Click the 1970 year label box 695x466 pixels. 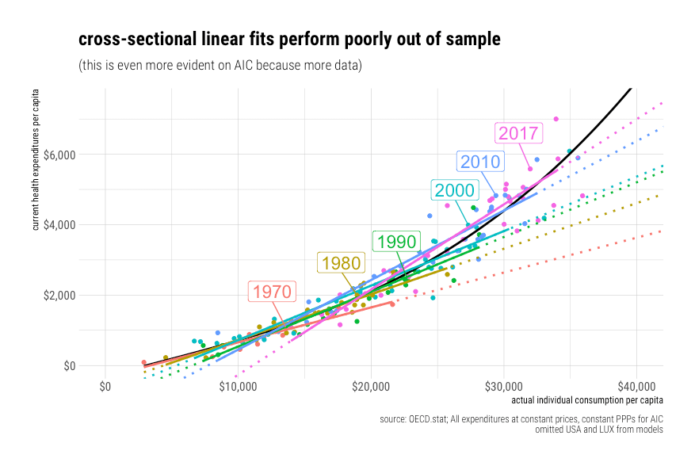pyautogui.click(x=273, y=291)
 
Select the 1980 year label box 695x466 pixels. pyautogui.click(x=340, y=263)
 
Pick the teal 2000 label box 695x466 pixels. pyautogui.click(x=453, y=190)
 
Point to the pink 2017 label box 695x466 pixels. pyautogui.click(x=518, y=133)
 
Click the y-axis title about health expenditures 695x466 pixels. pyautogui.click(x=36, y=161)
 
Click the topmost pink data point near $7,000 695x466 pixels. pyautogui.click(x=556, y=119)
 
